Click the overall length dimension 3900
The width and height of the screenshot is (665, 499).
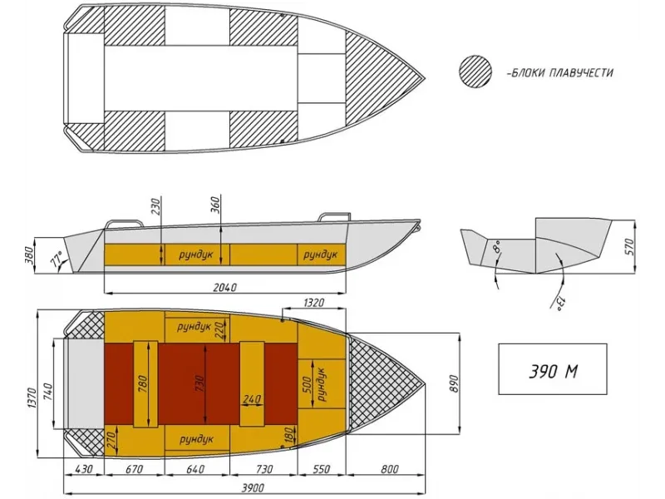pyautogui.click(x=253, y=487)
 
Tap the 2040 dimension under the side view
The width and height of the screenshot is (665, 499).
pyautogui.click(x=224, y=287)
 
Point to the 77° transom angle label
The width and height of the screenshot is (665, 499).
pyautogui.click(x=57, y=259)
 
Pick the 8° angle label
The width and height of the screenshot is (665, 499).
pyautogui.click(x=497, y=245)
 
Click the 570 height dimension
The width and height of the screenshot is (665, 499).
pyautogui.click(x=629, y=247)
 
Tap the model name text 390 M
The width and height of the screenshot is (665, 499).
pyautogui.click(x=553, y=371)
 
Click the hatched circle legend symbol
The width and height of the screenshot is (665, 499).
pyautogui.click(x=475, y=72)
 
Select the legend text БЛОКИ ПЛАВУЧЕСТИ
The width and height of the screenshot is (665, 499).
pyautogui.click(x=559, y=72)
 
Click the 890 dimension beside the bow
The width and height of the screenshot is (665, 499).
pyautogui.click(x=454, y=383)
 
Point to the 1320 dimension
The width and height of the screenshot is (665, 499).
pyautogui.click(x=314, y=303)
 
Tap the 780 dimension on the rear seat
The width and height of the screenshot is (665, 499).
pyautogui.click(x=143, y=383)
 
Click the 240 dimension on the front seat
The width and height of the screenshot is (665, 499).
pyautogui.click(x=252, y=399)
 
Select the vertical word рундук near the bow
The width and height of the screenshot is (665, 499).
pyautogui.click(x=322, y=385)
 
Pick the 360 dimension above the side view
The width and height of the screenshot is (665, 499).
pyautogui.click(x=215, y=205)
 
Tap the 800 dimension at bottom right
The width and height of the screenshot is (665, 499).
pyautogui.click(x=389, y=469)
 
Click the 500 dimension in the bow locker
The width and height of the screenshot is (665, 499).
pyautogui.click(x=308, y=385)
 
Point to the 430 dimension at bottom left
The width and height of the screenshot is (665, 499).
pyautogui.click(x=83, y=469)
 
